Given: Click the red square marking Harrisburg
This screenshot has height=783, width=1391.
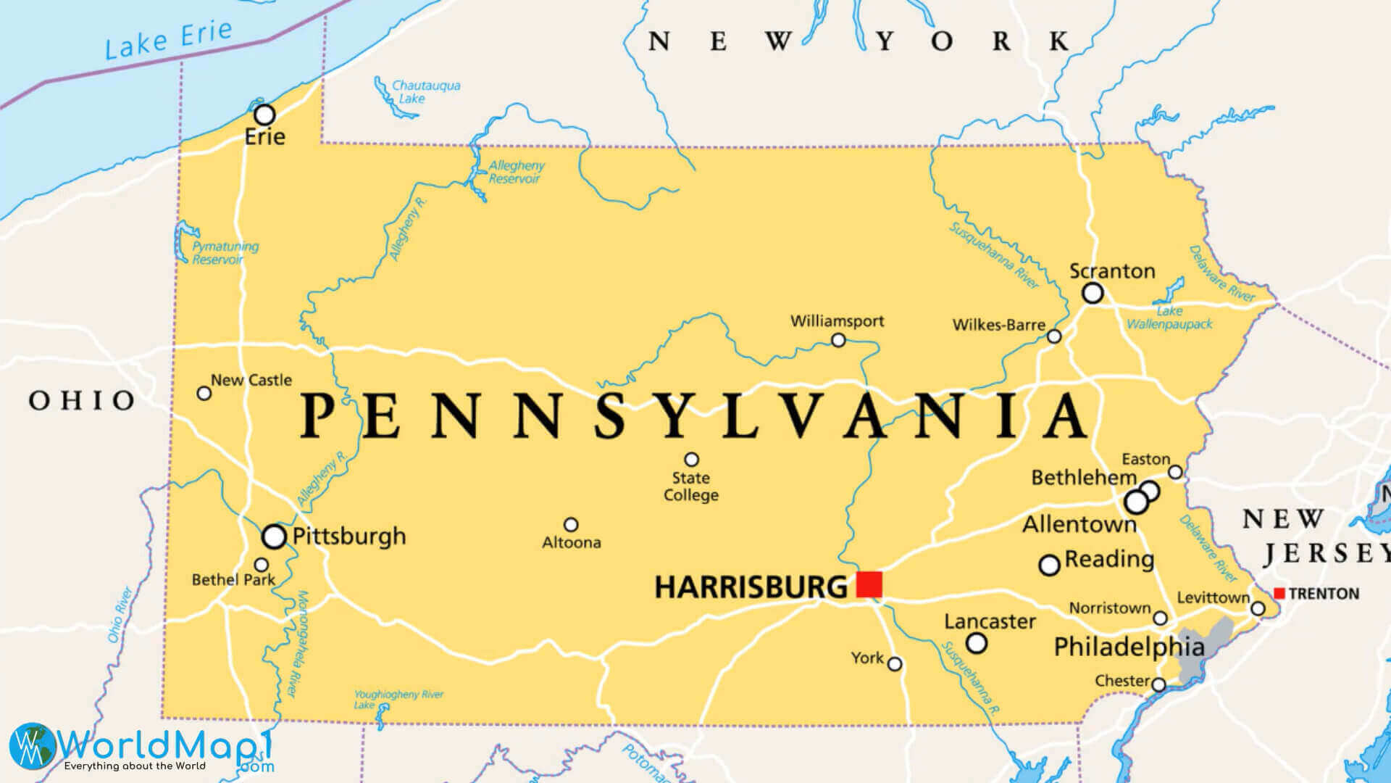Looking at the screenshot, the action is point(869,584).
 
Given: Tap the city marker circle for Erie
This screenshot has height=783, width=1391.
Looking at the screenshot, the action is point(264,115).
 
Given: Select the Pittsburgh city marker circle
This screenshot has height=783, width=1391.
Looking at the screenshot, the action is point(274,536).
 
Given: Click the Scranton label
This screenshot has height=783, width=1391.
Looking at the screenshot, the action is point(1112,272).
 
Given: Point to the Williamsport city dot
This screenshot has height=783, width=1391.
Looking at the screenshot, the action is point(838,340).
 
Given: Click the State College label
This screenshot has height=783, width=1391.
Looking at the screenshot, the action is point(691,486).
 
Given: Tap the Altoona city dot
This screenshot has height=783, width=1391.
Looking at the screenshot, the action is point(571,524).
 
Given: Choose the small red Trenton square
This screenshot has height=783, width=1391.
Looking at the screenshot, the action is point(1279,594).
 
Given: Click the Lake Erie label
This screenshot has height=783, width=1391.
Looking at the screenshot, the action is point(168,41).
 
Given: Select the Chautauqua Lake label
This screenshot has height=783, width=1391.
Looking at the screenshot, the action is point(425,91).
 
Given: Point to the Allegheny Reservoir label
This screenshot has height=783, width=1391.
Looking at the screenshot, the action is point(516,172).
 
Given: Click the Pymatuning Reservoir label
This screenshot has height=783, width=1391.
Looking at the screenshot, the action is point(224,253).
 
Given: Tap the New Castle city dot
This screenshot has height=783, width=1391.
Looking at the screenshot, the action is point(204,393).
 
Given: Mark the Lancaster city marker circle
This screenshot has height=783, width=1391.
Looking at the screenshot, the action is point(977,643).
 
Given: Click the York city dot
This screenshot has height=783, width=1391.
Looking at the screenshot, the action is point(895,664).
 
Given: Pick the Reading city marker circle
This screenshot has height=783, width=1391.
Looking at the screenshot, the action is point(1050,565).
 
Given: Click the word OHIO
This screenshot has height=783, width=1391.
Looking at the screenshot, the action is point(82,400).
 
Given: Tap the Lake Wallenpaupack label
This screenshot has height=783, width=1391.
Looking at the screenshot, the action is point(1169,318).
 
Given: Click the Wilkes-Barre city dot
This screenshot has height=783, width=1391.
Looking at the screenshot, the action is point(1054,336).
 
